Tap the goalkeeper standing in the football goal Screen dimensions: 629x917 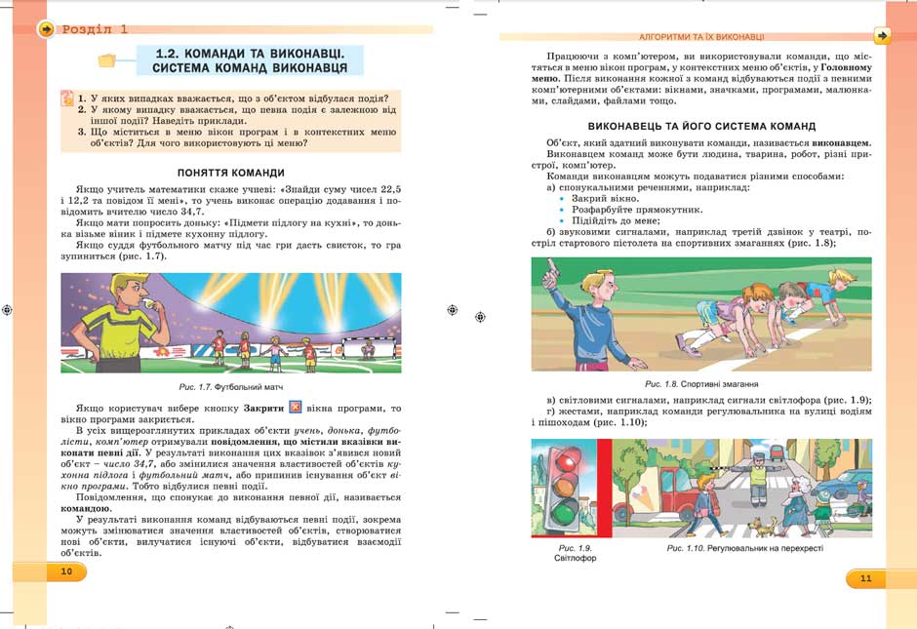pos(368,347)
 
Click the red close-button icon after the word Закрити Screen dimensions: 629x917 pos(298,408)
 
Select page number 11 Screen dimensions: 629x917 pos(865,578)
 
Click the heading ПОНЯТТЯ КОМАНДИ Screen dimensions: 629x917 pos(231,172)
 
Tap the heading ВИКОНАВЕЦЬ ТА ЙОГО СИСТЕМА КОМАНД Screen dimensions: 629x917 pos(701,126)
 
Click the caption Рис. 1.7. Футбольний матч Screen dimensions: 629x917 pos(233,387)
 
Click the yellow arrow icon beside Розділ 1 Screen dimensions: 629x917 pos(45,29)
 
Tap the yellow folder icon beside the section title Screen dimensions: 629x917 pos(106,60)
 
